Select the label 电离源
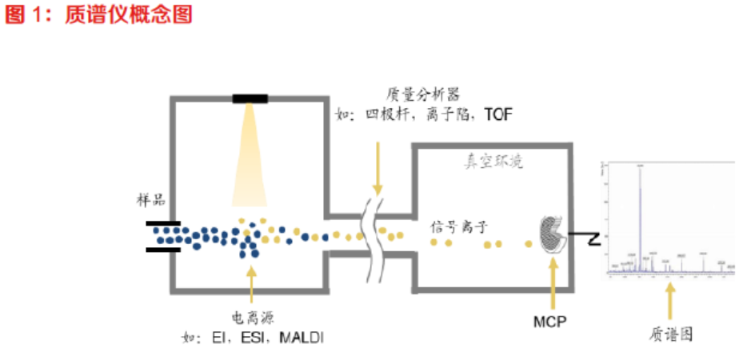point(252,318)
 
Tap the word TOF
point(497,114)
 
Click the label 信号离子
point(457,226)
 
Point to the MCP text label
point(552,322)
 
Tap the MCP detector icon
point(552,237)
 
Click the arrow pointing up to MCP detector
point(552,283)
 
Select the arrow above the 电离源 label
point(252,285)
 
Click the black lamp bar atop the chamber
point(250,98)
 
